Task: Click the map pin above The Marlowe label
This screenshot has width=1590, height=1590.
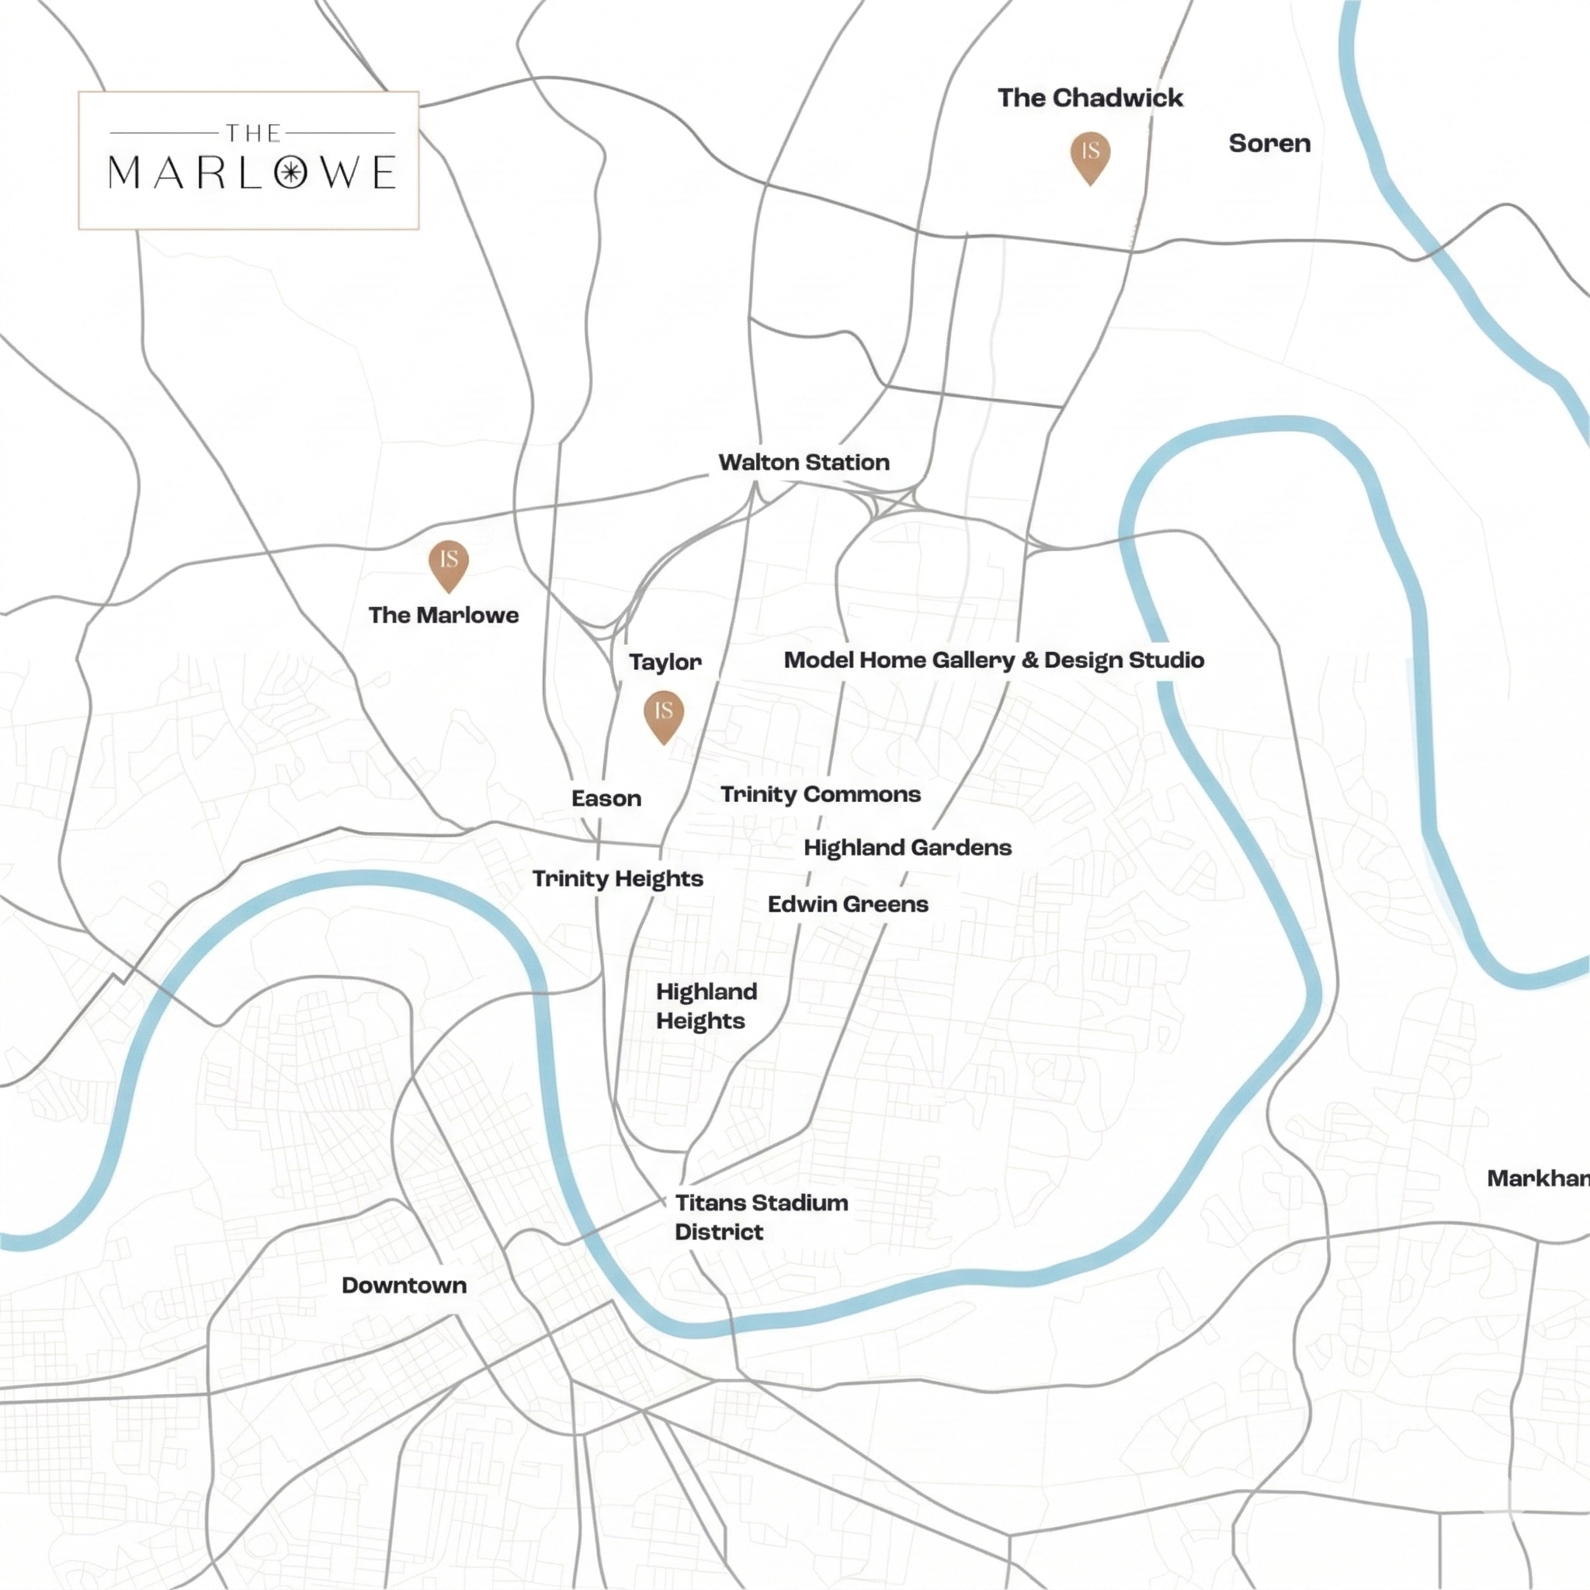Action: [x=449, y=563]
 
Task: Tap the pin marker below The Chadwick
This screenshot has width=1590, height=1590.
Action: [x=1091, y=154]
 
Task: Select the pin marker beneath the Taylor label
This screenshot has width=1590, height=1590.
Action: [x=663, y=713]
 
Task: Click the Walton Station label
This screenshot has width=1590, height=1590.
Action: [x=804, y=463]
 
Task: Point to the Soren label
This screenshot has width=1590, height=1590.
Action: [x=1269, y=143]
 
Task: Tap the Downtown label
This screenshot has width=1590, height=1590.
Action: [x=404, y=1286]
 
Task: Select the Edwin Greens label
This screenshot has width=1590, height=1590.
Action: [x=848, y=904]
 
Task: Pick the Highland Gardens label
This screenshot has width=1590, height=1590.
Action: [x=907, y=848]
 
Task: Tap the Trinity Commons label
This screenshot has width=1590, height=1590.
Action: [x=821, y=794]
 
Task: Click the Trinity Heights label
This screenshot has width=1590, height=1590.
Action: [x=617, y=879]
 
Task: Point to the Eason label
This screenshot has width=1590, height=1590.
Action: [x=606, y=798]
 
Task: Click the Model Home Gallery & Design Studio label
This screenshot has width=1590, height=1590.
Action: [x=993, y=660]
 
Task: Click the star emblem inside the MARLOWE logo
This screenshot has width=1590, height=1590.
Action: [x=290, y=173]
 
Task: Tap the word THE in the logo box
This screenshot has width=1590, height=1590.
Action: [x=253, y=133]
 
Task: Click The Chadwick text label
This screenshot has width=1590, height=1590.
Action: [x=1089, y=98]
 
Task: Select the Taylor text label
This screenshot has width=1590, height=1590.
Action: [x=665, y=661]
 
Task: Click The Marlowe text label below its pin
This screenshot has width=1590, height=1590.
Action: [x=443, y=615]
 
